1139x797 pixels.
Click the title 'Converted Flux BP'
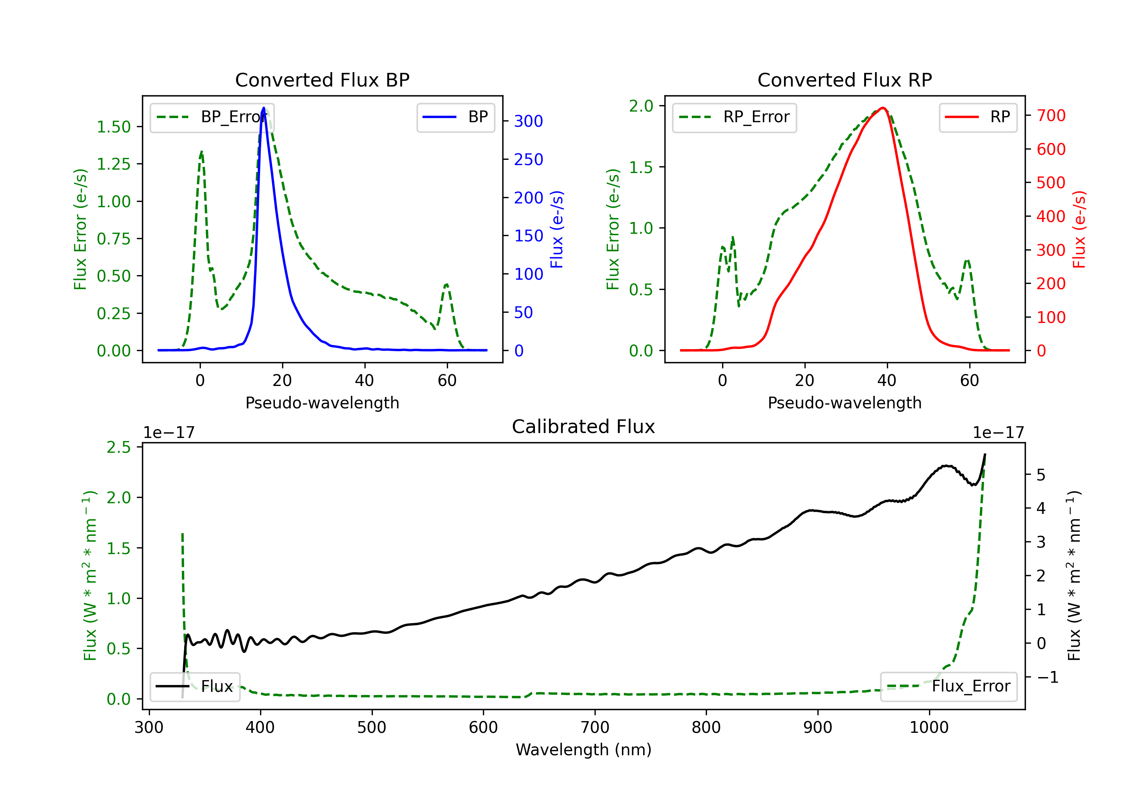tap(322, 80)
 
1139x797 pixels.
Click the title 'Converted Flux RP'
tap(844, 80)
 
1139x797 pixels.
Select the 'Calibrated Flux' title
tap(584, 427)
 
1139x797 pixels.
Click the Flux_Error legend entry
tap(948, 687)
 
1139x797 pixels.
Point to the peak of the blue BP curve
tap(263, 108)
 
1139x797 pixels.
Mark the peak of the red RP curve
tap(882, 108)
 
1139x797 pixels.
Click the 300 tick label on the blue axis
tap(528, 121)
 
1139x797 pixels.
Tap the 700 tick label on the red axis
tap(1051, 115)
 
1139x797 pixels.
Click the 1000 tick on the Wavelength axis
tap(929, 728)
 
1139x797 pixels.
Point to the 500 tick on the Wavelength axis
tap(372, 728)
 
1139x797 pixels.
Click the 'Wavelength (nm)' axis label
tap(584, 750)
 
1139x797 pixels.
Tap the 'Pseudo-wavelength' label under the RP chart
tap(844, 403)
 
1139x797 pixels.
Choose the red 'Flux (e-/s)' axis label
tap(1079, 230)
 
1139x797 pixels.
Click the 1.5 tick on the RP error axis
tap(641, 167)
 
